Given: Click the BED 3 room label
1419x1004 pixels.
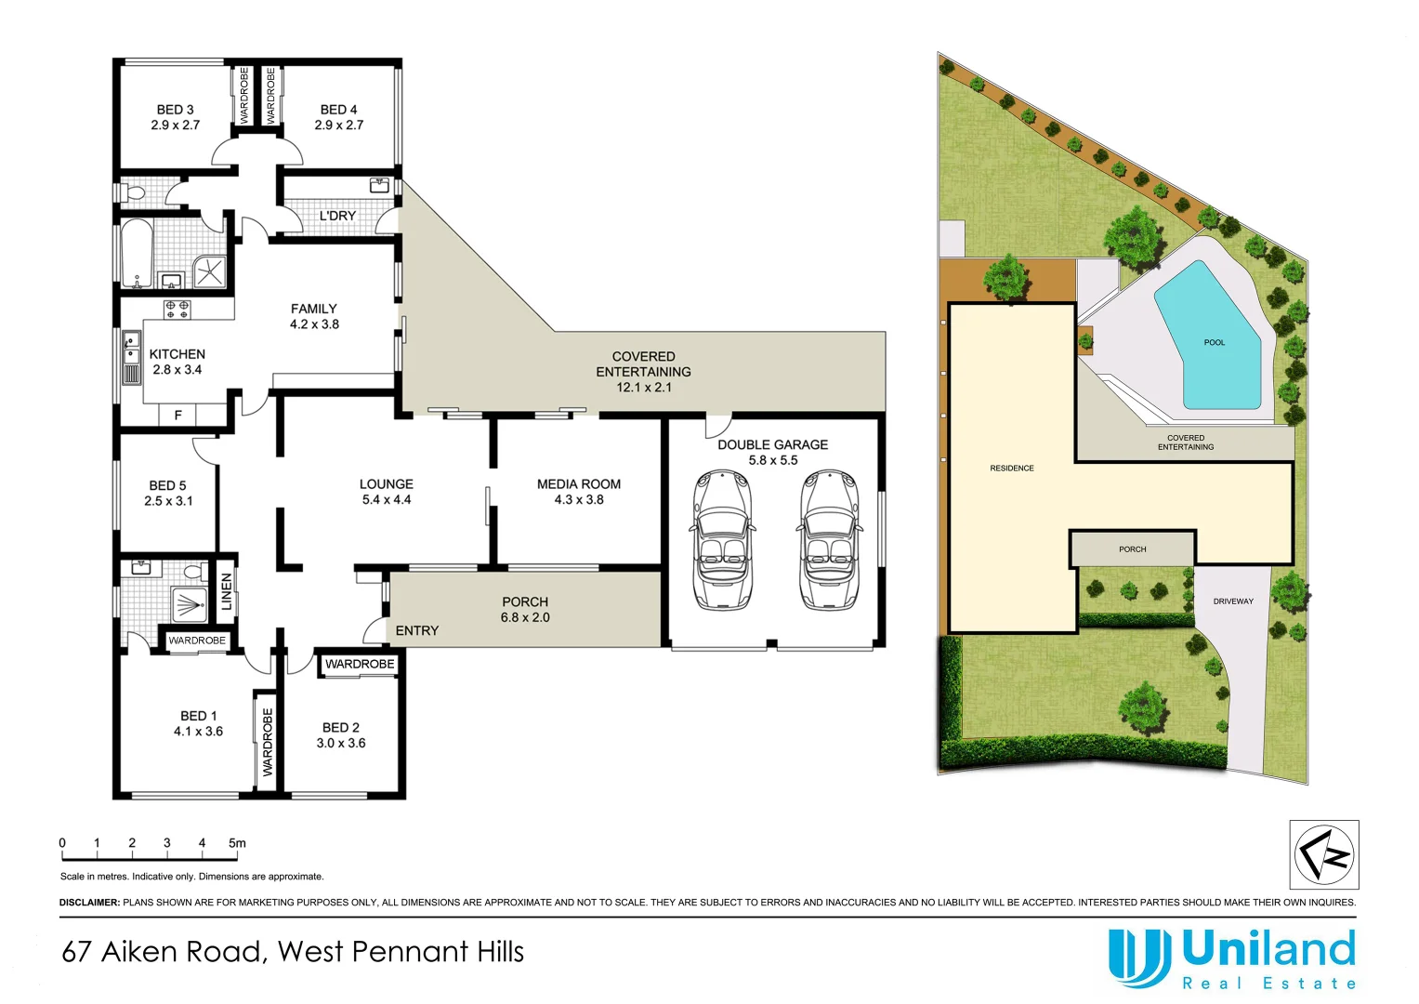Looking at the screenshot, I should (175, 110).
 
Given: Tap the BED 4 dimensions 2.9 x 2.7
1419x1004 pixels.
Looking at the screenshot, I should (339, 125).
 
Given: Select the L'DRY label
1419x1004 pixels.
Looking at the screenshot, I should (337, 216).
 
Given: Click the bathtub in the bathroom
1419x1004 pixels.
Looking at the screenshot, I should (136, 254).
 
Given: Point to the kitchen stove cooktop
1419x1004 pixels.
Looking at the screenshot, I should (177, 309).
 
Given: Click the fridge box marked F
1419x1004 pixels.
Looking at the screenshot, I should (178, 416).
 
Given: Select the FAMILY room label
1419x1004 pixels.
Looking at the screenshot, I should (314, 309).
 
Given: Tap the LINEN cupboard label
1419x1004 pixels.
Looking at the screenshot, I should (226, 591).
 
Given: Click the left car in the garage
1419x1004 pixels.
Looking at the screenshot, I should (721, 540).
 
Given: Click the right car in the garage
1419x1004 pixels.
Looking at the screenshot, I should (828, 540).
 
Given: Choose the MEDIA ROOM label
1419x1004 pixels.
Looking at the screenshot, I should (578, 484).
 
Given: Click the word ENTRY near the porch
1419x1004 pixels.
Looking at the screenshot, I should (416, 631).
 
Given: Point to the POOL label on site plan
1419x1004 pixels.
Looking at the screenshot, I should (1214, 343).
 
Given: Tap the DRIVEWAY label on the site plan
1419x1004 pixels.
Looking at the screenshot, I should (1233, 601).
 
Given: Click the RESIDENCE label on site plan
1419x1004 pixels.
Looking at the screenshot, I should (1011, 469).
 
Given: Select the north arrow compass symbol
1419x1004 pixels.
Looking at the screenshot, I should (1324, 855).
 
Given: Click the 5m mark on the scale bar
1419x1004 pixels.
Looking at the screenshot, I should (237, 844).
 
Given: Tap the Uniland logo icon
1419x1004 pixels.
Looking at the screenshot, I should (1138, 958).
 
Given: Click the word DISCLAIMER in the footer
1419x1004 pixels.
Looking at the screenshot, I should (89, 903).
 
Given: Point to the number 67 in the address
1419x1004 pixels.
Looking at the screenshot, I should (76, 952).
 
